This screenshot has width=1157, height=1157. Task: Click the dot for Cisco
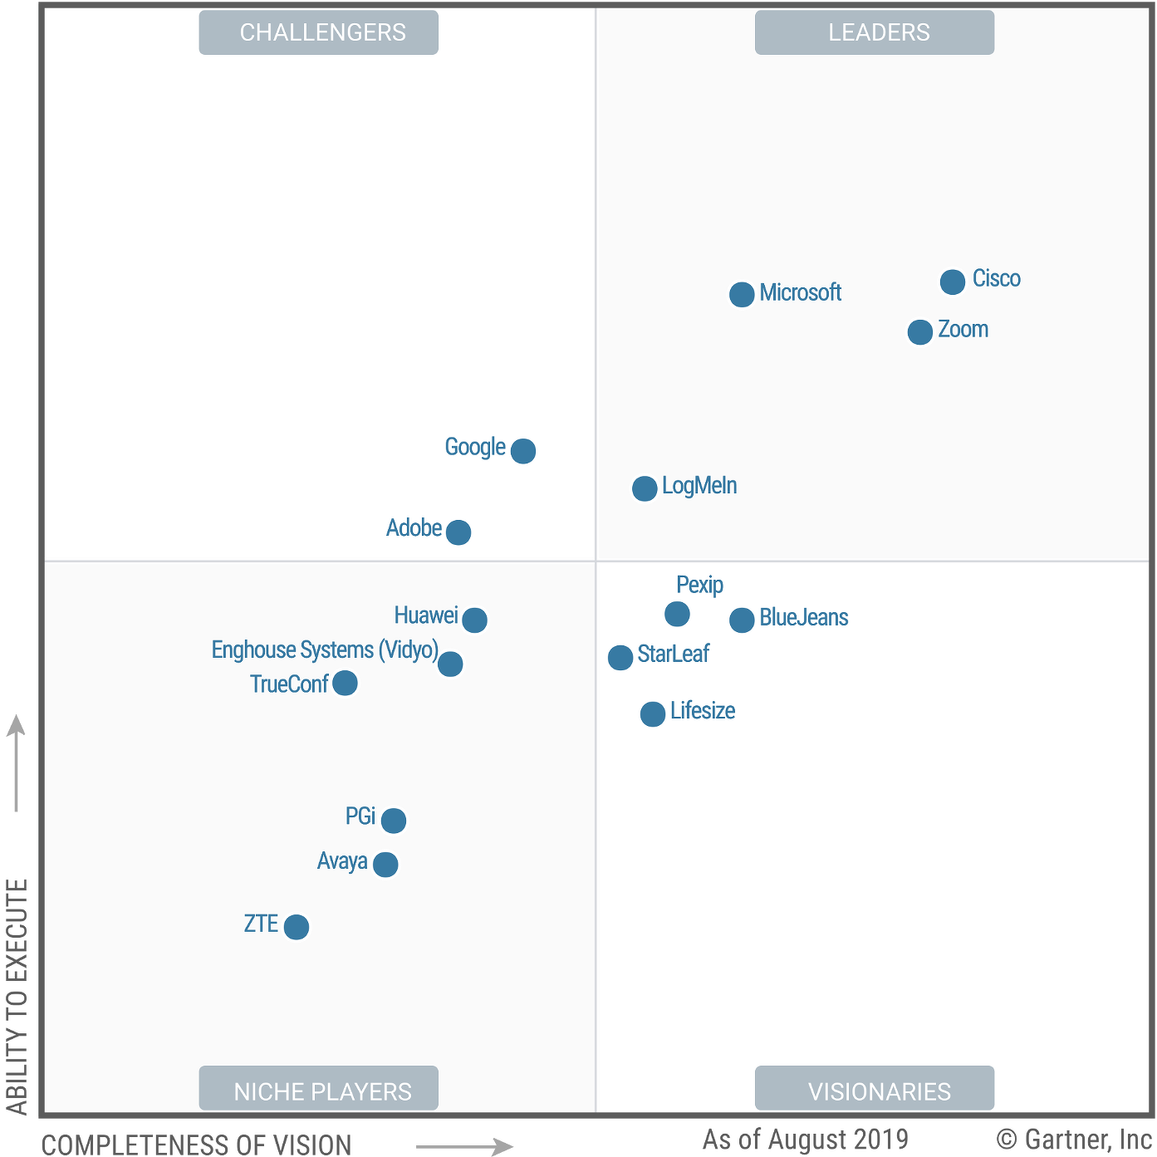point(953,282)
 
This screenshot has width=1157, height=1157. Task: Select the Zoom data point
point(920,332)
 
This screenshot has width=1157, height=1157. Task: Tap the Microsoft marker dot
point(742,294)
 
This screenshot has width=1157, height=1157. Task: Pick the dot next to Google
point(523,451)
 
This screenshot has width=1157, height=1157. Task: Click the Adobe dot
point(458,532)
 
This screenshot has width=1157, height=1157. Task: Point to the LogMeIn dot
point(645,488)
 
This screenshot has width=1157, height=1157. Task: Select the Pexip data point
point(677,614)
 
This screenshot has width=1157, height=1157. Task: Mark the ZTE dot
point(297,927)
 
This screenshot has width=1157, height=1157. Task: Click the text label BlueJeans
point(804,618)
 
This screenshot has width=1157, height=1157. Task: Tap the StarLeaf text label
point(674,654)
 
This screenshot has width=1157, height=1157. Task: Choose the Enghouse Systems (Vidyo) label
point(325,650)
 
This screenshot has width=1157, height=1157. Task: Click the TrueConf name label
point(289,684)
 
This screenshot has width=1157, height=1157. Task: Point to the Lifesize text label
point(703,711)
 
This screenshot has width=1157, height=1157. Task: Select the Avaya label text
point(342,861)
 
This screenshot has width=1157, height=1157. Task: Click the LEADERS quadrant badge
point(875,32)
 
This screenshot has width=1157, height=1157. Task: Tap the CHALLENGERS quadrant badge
point(319,32)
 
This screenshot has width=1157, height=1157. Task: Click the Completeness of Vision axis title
point(196,1145)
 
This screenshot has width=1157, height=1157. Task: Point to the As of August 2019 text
point(805,1139)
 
